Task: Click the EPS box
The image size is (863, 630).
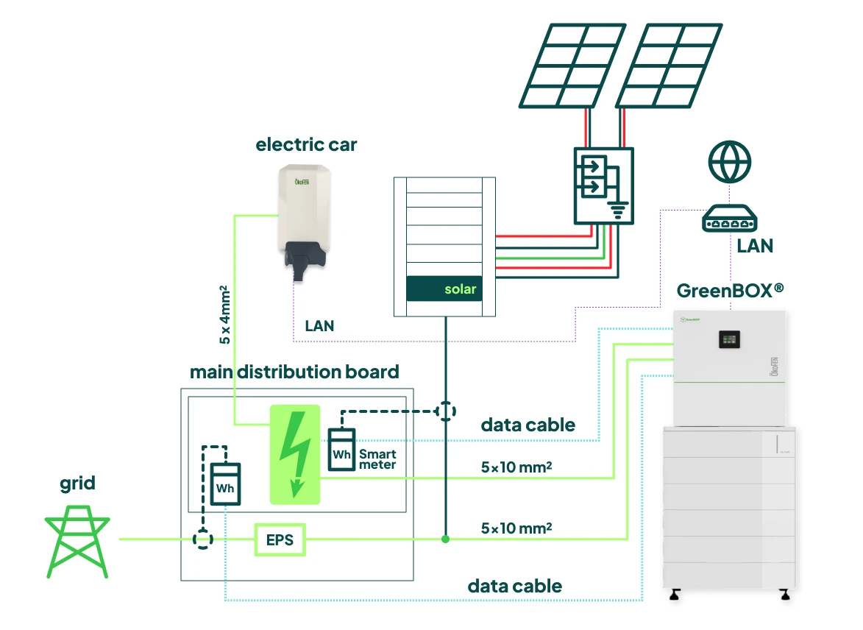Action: click(280, 539)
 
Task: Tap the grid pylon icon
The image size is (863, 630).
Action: click(77, 541)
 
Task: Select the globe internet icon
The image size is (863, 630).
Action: click(730, 161)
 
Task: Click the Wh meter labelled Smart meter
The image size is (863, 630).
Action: click(341, 450)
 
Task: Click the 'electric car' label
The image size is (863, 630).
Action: click(306, 144)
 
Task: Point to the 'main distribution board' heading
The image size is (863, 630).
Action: click(294, 372)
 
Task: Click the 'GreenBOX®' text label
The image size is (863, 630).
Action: click(725, 290)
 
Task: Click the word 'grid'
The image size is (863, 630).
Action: click(77, 484)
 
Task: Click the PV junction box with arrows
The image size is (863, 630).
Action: click(603, 185)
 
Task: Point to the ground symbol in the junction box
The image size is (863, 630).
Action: click(618, 211)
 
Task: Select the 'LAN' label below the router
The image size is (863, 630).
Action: click(756, 246)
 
